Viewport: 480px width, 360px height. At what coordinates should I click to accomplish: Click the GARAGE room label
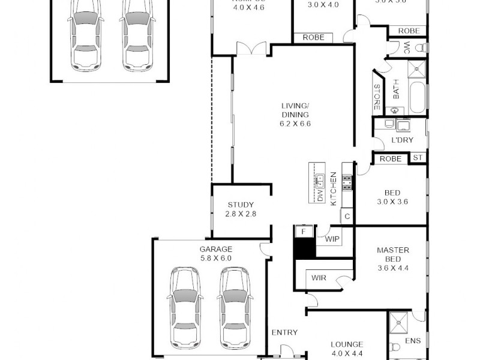(215, 249)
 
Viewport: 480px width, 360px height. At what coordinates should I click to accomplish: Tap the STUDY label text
(241, 205)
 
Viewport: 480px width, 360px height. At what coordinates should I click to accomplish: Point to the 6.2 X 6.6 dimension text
(295, 124)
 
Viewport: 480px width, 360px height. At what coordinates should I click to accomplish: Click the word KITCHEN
(334, 189)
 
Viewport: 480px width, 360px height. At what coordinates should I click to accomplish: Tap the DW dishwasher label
(320, 195)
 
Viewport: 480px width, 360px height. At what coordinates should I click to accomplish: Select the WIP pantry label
(332, 239)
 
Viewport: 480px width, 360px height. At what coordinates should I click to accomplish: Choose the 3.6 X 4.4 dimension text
(393, 269)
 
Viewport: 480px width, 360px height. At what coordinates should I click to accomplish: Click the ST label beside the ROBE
(418, 158)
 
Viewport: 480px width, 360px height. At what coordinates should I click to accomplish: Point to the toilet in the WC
(420, 47)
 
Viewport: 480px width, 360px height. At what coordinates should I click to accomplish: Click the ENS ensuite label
(413, 341)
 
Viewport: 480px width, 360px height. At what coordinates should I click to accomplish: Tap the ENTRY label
(284, 332)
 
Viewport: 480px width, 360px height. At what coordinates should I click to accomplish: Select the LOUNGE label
(347, 344)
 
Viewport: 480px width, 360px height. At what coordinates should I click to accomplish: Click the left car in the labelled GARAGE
(185, 306)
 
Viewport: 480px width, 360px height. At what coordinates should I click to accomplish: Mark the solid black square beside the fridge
(305, 248)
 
